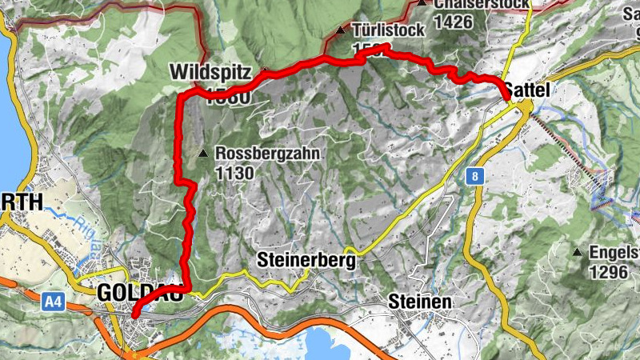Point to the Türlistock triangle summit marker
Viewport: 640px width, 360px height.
[x=341, y=31]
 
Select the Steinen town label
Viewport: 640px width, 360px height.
[x=420, y=302]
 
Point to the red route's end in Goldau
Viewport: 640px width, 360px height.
[x=134, y=315]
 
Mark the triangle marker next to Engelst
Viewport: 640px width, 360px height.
[x=576, y=253]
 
